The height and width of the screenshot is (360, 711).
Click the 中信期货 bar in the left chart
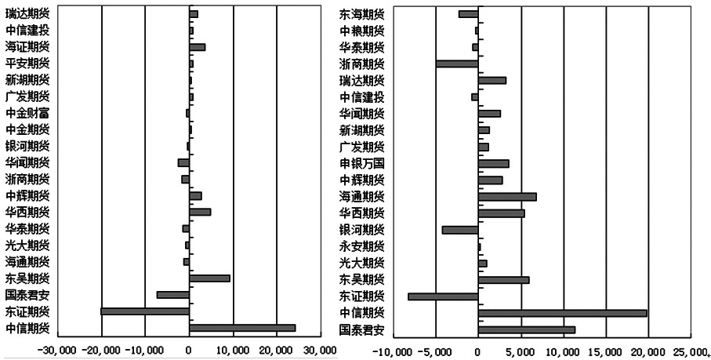pos(241,327)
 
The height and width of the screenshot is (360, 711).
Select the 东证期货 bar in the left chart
pos(145,311)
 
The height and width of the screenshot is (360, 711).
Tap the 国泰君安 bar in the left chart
pos(172,295)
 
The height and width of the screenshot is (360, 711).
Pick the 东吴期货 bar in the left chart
pos(209,278)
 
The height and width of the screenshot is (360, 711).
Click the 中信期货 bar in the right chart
pos(562,313)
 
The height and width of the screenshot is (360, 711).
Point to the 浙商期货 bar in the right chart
pos(456,64)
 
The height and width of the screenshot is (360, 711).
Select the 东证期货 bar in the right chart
pos(443,296)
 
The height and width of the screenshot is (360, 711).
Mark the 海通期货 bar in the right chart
pos(507,197)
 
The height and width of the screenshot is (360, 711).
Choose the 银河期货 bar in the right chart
pos(460,230)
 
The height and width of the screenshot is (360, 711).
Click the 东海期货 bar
pos(468,14)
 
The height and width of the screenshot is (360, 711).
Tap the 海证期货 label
pos(27,47)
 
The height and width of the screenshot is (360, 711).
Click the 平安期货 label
pos(27,64)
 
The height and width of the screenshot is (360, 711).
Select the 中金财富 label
pos(27,113)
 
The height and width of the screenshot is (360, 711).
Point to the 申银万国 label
pos(361,163)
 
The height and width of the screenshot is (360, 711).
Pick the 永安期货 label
pos(361,246)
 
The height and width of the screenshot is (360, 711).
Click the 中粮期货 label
pos(361,31)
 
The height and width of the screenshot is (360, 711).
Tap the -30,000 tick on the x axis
pos(58,348)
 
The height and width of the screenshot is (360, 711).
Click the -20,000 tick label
pos(102,348)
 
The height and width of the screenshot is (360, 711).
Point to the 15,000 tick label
pos(605,348)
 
